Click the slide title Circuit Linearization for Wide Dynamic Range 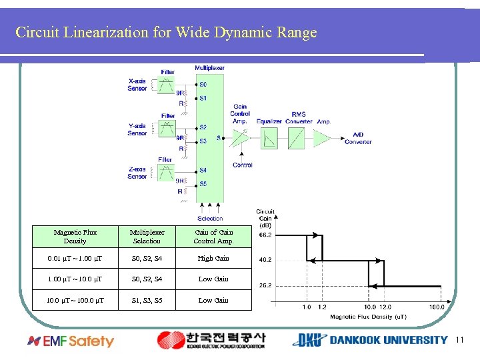166,32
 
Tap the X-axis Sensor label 137,85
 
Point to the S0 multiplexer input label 203,85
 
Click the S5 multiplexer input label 203,184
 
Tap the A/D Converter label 358,138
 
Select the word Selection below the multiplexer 210,219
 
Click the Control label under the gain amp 243,165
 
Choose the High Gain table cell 213,258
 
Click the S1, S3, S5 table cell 147,300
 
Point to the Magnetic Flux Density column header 75,237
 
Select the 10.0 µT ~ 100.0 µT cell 75,300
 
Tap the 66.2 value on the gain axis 265,235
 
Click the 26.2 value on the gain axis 265,285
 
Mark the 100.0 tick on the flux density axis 437,307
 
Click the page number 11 459,340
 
